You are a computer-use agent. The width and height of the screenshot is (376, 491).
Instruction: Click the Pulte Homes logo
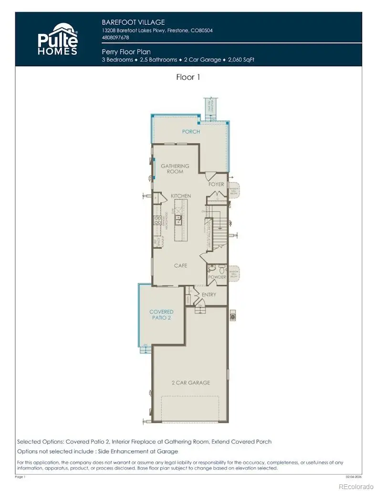click(x=58, y=38)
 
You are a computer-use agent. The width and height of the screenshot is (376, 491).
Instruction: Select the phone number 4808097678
click(x=115, y=37)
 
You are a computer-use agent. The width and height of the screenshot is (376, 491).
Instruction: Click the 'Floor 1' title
click(x=188, y=77)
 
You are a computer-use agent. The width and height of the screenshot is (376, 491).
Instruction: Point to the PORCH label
click(x=191, y=132)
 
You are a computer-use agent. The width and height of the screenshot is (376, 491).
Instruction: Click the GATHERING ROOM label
click(x=175, y=169)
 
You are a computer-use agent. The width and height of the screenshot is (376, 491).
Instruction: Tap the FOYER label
click(x=216, y=184)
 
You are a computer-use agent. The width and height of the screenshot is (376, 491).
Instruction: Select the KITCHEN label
click(x=181, y=196)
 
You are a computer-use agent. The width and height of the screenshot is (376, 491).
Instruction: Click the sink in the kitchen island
click(x=178, y=219)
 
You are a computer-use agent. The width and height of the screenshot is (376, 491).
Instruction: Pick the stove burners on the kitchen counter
click(x=157, y=220)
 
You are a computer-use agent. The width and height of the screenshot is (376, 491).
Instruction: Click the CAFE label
click(x=180, y=265)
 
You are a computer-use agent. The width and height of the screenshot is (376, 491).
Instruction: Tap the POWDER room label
click(x=217, y=277)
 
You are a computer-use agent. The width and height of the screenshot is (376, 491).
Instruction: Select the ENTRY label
click(x=209, y=294)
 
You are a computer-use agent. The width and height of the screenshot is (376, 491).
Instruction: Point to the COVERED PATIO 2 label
click(x=161, y=314)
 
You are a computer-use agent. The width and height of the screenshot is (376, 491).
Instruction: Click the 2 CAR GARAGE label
click(x=191, y=383)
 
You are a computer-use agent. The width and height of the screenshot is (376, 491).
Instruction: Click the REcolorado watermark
click(x=356, y=486)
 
